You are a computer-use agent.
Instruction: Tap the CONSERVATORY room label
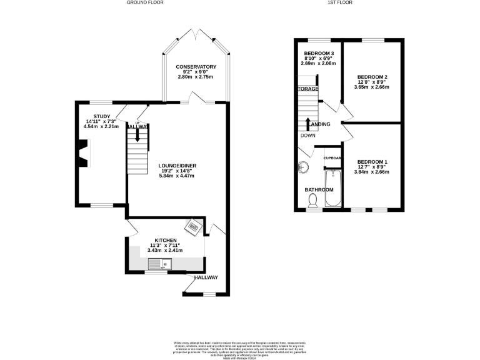[196, 67]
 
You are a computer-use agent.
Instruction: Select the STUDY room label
[102, 116]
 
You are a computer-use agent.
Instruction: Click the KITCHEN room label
[166, 241]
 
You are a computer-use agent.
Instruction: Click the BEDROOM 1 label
[372, 162]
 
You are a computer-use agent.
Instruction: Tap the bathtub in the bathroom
[331, 194]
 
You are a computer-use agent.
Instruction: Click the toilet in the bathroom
[313, 199]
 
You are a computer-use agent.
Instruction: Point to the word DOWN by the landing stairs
[307, 136]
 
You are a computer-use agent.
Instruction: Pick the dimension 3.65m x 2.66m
[372, 87]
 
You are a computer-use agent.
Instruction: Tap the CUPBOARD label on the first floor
[332, 158]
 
